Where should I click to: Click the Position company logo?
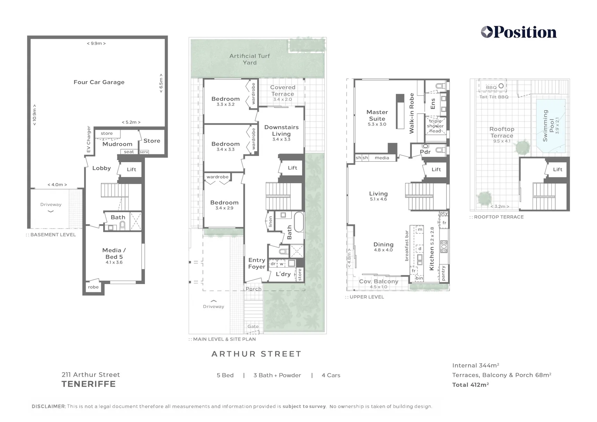(x=518, y=32)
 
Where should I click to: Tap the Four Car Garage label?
(x=99, y=82)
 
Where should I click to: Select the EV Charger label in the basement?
(x=89, y=139)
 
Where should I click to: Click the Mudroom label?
(x=117, y=144)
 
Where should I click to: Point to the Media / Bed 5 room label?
(x=114, y=254)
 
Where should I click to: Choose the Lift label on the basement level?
(x=131, y=169)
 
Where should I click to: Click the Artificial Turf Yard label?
(x=250, y=59)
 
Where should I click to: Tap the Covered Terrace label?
(x=282, y=91)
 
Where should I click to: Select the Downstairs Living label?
(x=281, y=131)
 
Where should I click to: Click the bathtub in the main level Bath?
(x=298, y=222)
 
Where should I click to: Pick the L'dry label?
(x=283, y=274)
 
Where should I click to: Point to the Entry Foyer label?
(x=257, y=263)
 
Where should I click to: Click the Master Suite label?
(x=377, y=115)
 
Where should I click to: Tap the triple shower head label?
(x=435, y=126)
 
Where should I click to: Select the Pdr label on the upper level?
(x=425, y=152)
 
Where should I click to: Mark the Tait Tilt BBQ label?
(x=494, y=97)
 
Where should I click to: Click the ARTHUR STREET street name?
(x=256, y=354)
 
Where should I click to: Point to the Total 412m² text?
(x=470, y=385)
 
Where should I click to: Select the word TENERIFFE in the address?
(x=89, y=384)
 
